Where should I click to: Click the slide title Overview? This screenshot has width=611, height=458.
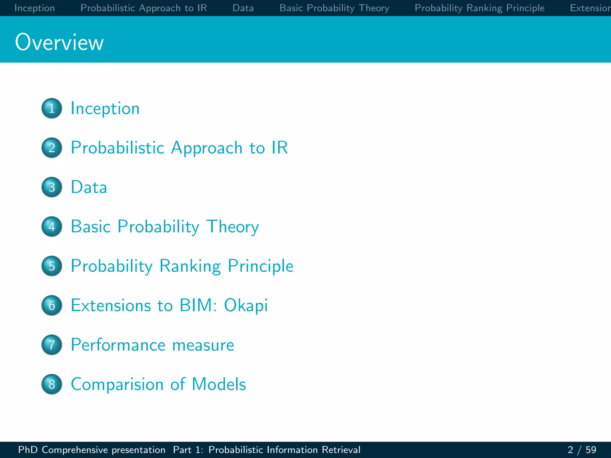(x=59, y=42)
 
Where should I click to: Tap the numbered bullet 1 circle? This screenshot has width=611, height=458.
(x=52, y=108)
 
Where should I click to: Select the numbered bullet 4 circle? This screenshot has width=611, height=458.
(x=52, y=227)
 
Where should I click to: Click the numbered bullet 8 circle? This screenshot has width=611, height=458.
(x=52, y=384)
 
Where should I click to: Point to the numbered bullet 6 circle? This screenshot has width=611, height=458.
(x=52, y=305)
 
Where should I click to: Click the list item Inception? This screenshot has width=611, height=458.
(x=105, y=109)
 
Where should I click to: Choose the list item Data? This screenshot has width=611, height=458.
(x=89, y=187)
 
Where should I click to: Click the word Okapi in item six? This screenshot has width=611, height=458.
(x=246, y=306)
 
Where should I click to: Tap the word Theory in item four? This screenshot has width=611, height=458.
(x=232, y=227)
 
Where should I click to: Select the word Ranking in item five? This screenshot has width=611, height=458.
(x=190, y=266)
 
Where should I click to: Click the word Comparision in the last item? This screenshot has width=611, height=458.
(x=117, y=384)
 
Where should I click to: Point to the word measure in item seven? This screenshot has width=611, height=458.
(x=203, y=345)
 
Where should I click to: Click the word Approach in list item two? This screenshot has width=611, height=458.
(x=206, y=148)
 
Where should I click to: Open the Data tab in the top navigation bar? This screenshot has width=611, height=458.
(x=243, y=8)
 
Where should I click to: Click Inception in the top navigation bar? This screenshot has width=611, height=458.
(x=35, y=8)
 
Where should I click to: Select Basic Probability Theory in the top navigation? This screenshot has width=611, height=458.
(x=334, y=8)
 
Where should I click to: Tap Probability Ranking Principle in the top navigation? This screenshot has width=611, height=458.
(x=479, y=8)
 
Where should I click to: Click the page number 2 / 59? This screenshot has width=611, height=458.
(x=582, y=450)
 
